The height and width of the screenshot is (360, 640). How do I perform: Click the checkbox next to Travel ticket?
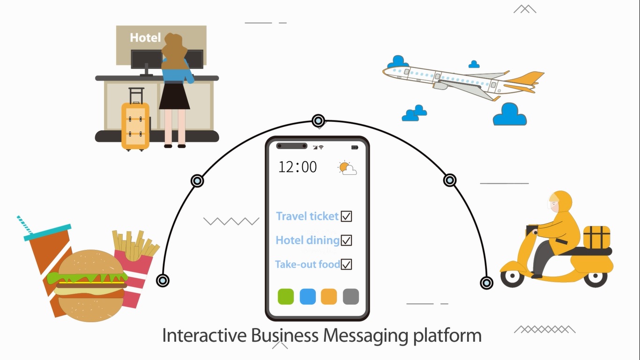point(346,216)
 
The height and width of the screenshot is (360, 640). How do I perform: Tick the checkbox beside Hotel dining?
point(346,240)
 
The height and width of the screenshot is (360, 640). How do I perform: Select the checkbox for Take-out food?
point(346,264)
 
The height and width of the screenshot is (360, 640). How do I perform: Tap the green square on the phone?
point(286,296)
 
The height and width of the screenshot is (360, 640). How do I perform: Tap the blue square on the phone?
point(307,296)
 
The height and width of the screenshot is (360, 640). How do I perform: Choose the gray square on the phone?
point(350,296)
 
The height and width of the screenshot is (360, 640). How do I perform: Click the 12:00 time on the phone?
point(298,167)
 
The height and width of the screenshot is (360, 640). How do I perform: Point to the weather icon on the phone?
point(347,168)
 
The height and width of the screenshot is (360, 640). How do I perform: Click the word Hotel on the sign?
point(145,37)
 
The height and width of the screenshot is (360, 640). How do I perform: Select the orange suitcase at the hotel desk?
point(135,125)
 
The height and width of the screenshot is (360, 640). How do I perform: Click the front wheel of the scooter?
point(512,278)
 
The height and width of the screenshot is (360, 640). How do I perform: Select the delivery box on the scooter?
point(596,237)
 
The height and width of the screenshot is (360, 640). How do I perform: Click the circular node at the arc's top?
point(319,120)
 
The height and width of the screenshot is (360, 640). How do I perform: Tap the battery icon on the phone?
point(355,147)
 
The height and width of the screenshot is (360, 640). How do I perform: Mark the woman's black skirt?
point(174,97)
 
